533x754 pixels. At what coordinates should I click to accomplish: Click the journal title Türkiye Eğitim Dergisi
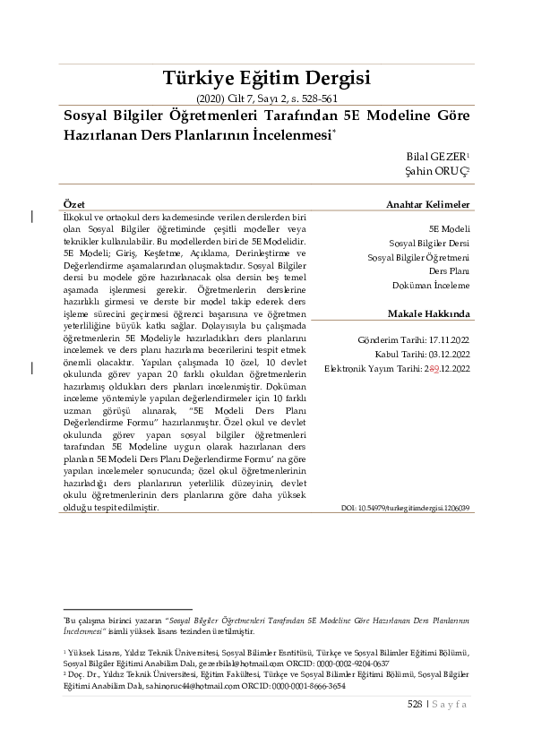point(266,76)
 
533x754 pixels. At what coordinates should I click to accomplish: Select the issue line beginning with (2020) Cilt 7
point(266,99)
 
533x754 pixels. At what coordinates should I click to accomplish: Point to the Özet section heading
point(75,205)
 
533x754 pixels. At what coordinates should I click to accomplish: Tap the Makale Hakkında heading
point(428,315)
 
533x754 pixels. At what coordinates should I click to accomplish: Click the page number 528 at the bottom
point(414,705)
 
